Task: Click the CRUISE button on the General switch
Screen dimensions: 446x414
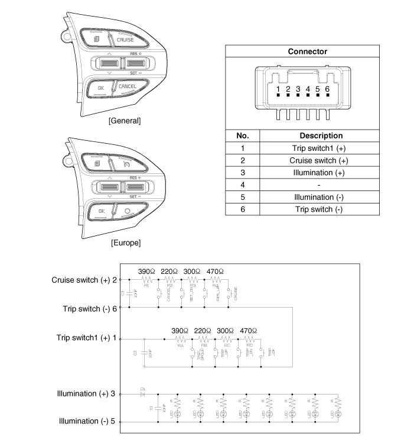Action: click(125, 40)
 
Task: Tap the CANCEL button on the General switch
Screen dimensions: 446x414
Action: click(126, 86)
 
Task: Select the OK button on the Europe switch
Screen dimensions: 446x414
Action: click(101, 211)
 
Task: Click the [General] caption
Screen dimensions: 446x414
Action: click(125, 121)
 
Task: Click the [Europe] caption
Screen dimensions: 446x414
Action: click(125, 243)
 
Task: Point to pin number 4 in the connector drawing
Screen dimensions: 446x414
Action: click(308, 89)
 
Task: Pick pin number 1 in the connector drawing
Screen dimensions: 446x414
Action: click(278, 89)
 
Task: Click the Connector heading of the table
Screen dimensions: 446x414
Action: click(307, 51)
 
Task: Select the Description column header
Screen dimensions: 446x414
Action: click(321, 135)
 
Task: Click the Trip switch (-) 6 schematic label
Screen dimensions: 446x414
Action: click(90, 308)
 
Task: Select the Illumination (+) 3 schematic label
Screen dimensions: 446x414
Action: click(87, 393)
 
